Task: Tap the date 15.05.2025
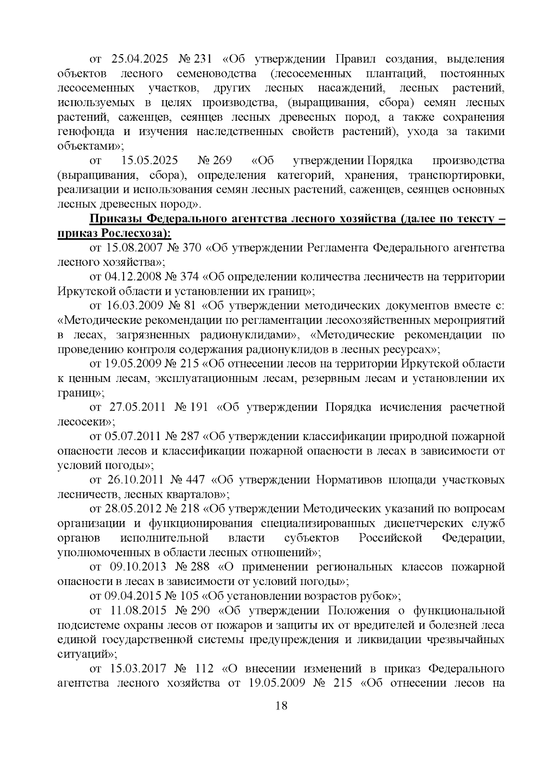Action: coord(149,161)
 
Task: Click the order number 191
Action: coord(199,407)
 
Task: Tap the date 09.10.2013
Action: coord(138,567)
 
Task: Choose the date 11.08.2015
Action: coord(138,611)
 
